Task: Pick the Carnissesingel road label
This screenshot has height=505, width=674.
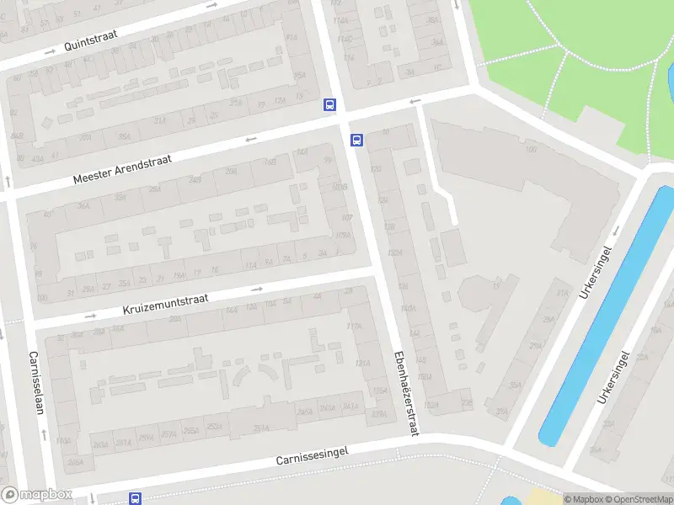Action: click(312, 455)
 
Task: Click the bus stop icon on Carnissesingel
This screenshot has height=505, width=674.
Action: click(135, 498)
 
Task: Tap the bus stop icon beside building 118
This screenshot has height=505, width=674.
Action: click(357, 141)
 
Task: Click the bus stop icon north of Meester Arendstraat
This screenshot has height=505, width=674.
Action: click(329, 106)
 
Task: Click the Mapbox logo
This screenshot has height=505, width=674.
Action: click(36, 495)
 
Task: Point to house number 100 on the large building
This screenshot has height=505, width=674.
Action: click(531, 150)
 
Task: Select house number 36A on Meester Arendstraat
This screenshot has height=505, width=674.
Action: click(124, 137)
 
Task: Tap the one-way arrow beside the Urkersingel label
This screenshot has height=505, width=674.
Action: click(616, 231)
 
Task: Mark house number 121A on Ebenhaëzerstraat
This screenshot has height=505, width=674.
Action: click(363, 363)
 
